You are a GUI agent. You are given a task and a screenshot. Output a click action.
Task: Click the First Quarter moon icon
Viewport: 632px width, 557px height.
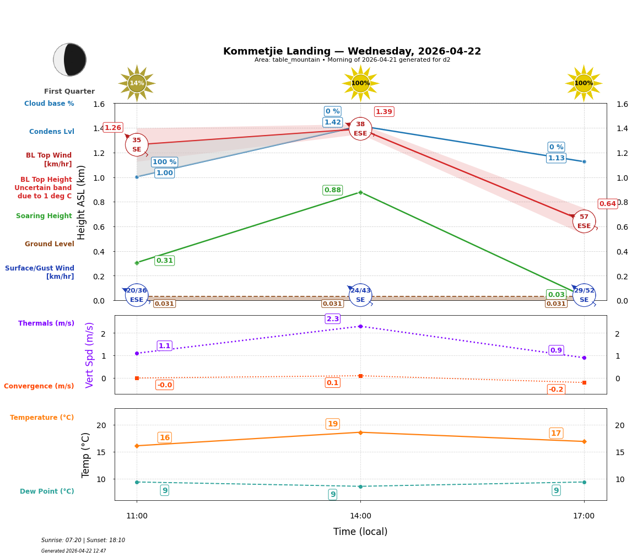[70, 60]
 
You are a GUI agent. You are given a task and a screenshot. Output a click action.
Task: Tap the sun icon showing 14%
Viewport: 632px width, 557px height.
[137, 84]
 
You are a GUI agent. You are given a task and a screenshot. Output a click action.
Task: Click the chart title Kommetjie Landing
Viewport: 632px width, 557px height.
[352, 51]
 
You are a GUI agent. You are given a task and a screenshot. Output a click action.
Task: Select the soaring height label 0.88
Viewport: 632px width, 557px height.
[332, 190]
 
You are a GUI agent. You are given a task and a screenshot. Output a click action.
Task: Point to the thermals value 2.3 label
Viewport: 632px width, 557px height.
[333, 319]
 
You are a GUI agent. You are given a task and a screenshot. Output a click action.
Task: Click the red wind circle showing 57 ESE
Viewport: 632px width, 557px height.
[584, 221]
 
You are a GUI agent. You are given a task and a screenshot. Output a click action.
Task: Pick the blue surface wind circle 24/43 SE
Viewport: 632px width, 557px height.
[360, 295]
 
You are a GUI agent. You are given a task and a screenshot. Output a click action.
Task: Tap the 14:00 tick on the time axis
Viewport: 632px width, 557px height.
[360, 516]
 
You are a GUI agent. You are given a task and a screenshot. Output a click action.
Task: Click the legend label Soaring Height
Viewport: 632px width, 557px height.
[44, 216]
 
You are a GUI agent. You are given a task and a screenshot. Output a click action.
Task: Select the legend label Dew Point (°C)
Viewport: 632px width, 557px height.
[47, 491]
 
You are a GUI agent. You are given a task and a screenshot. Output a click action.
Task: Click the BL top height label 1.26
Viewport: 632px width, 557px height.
[113, 128]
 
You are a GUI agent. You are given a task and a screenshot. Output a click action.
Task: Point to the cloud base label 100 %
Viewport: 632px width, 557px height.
[164, 162]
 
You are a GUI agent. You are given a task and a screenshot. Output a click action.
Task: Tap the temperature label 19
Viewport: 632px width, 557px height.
[333, 424]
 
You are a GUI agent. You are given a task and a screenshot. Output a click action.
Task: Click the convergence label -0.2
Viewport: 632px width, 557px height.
[556, 390]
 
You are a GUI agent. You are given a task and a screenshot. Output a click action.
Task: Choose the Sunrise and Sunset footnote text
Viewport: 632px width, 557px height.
[83, 540]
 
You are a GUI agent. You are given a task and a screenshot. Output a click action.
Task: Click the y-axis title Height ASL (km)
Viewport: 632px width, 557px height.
[82, 202]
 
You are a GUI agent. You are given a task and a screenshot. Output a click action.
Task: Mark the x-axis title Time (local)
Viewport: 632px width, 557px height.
[360, 532]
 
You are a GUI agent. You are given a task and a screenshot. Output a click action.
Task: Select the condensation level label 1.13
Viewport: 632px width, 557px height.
[556, 158]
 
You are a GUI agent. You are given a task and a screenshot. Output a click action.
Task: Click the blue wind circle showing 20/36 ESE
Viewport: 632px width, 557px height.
[137, 295]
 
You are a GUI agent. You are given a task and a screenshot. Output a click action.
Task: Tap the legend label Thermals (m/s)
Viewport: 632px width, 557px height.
[46, 323]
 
